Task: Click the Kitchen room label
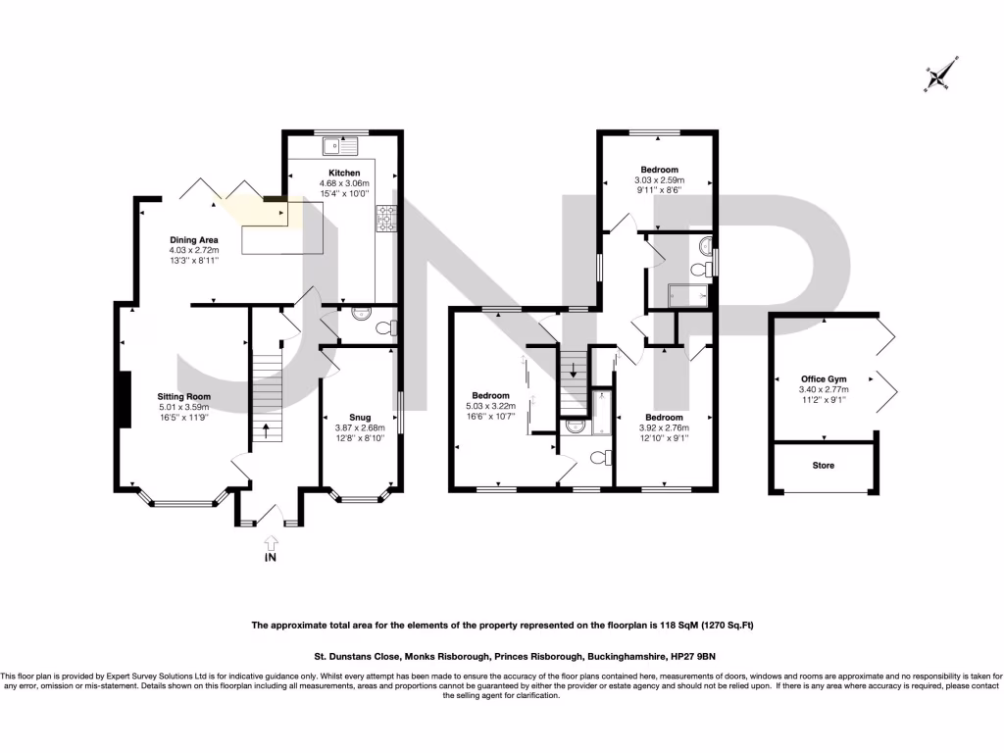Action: [330, 173]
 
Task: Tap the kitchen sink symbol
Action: [342, 146]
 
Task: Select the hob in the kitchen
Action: [384, 219]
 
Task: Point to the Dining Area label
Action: [193, 239]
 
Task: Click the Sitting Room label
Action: [184, 396]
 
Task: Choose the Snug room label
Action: [362, 417]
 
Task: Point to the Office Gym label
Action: [823, 378]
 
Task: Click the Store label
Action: [823, 465]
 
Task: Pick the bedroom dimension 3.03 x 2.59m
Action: [658, 180]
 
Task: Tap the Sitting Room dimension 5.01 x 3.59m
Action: [184, 407]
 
